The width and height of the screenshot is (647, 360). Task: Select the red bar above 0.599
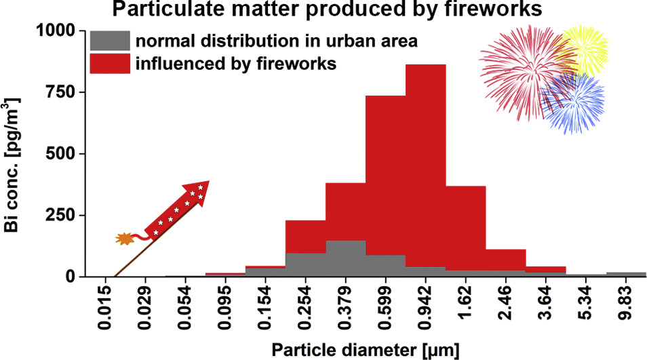tap(385, 176)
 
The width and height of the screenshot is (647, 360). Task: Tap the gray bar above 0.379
tap(345, 258)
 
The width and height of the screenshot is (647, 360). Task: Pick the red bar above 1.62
tap(465, 228)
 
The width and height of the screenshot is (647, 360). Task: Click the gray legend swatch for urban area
tap(110, 41)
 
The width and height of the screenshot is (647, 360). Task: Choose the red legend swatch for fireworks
tap(110, 64)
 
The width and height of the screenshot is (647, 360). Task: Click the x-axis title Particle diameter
tap(365, 350)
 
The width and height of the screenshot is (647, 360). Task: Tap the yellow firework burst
tap(583, 50)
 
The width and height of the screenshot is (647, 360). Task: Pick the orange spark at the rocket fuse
tap(125, 239)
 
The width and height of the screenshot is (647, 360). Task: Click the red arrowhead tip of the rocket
tap(209, 181)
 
